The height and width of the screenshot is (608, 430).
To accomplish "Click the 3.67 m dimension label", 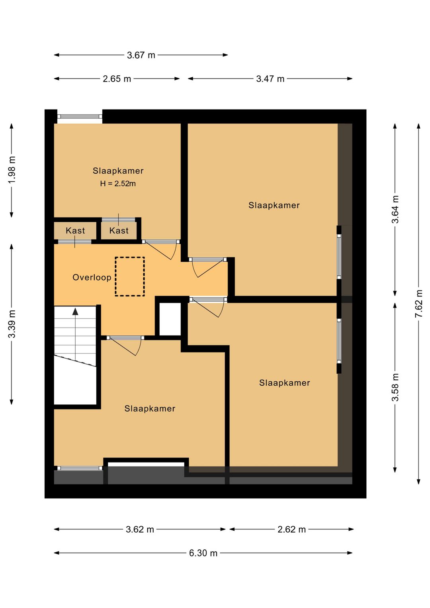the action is coord(141,55).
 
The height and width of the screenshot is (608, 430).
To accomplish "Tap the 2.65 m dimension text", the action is coord(117,79).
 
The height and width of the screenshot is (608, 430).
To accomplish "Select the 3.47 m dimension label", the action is coord(270,79).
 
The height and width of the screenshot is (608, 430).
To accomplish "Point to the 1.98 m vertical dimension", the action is coord(12,170).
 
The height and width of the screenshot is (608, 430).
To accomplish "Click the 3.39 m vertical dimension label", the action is coord(12,324).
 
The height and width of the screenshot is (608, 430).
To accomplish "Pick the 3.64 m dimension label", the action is coord(395,209).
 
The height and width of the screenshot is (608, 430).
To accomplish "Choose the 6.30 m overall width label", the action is coord(203,553).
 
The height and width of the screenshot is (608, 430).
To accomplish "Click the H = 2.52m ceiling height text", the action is coord(118,184).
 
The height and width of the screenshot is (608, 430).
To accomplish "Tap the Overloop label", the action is coord(92,277).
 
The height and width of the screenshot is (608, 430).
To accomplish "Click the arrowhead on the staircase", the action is coord(75,311).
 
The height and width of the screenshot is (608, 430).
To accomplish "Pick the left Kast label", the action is coord(75,231).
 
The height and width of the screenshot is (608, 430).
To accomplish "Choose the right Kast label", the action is coord(119,231).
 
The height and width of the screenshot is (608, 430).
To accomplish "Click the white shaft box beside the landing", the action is coord(170,319).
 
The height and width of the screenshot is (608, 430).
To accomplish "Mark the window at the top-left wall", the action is coord(80,116).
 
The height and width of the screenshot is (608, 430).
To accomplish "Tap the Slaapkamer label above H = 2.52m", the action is coord(118,171).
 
